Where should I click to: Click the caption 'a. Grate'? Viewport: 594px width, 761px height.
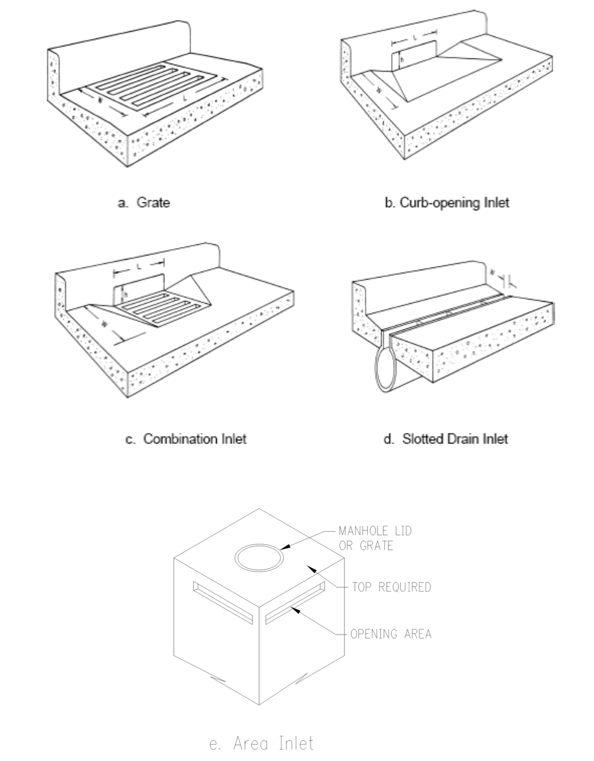point(144,203)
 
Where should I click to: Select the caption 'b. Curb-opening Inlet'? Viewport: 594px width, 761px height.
point(447,203)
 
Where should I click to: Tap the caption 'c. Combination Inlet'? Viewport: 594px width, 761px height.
point(186,439)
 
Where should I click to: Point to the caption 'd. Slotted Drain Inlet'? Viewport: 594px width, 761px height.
point(446,439)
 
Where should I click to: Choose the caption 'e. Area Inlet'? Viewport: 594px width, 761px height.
point(261,743)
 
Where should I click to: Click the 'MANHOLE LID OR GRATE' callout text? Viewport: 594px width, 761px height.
point(375,538)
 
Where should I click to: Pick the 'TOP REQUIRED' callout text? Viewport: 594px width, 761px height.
point(391,587)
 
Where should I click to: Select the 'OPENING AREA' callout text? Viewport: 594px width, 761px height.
point(391,634)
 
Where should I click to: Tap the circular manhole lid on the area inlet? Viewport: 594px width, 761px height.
point(259,558)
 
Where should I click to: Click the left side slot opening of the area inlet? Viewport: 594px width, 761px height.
point(223,603)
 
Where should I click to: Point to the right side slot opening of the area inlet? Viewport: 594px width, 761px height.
point(295,603)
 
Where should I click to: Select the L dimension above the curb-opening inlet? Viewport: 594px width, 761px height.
point(414,38)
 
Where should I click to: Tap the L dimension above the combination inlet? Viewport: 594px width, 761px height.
point(139,267)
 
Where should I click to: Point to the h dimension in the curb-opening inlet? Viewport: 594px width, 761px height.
point(402,60)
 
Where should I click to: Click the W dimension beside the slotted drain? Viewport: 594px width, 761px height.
point(493,273)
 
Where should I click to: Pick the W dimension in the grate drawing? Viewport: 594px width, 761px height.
point(100,101)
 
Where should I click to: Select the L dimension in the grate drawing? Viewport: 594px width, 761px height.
point(185,99)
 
